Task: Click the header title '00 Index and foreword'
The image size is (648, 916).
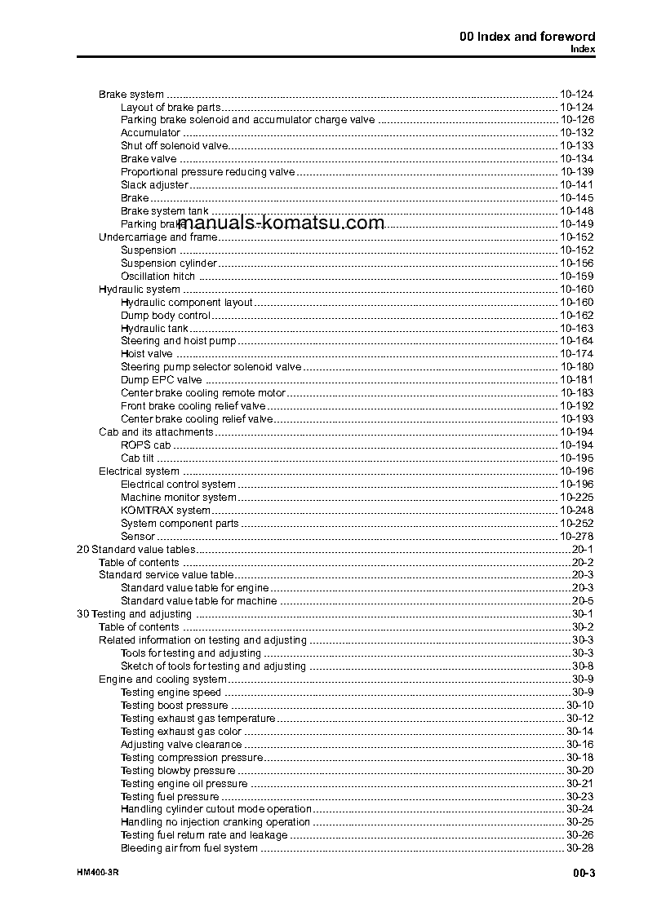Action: tap(527, 36)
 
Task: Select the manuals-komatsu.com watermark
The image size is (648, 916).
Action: tap(280, 223)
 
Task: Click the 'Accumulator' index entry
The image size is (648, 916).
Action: tap(150, 133)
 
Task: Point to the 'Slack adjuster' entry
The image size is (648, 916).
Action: tap(154, 185)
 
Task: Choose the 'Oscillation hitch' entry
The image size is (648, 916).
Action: tap(158, 277)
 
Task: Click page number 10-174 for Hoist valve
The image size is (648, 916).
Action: tap(576, 354)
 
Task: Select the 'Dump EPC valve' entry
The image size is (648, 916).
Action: tap(161, 380)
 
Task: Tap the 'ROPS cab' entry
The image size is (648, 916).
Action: tap(145, 445)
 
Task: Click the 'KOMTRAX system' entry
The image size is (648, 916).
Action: tap(165, 511)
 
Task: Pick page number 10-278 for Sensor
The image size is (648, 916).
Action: tap(576, 537)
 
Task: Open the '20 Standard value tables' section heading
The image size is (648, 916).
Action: tap(135, 550)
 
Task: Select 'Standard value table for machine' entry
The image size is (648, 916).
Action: tap(198, 601)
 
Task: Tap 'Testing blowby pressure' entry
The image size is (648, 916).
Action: tap(178, 771)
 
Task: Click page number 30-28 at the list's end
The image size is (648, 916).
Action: tap(579, 849)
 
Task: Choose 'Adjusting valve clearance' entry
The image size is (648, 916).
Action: tap(181, 745)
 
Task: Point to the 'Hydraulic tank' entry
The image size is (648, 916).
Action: tap(154, 328)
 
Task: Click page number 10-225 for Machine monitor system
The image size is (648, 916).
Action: tap(576, 498)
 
